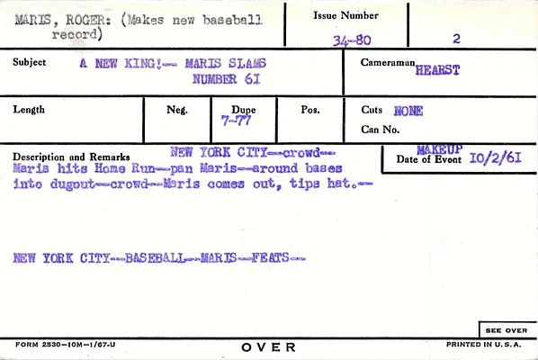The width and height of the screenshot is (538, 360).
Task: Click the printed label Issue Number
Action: (x=345, y=15)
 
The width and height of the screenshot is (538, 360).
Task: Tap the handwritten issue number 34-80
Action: (x=352, y=40)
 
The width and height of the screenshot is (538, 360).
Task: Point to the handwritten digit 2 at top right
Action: (x=456, y=39)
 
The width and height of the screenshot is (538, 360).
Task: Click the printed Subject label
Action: (x=29, y=62)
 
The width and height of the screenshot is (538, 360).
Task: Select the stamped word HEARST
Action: (x=437, y=70)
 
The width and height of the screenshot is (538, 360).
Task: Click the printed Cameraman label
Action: (x=388, y=62)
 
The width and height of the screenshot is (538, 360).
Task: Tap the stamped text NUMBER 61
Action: (x=226, y=79)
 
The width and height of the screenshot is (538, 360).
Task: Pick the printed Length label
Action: (x=29, y=110)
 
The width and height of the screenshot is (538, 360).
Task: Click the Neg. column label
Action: (x=177, y=110)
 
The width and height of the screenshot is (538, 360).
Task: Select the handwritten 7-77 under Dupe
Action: (x=236, y=121)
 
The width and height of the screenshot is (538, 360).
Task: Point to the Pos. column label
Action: (x=310, y=110)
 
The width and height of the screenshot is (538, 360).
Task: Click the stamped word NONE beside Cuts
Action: (x=408, y=111)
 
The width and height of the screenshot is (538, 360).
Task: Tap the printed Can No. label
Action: (x=381, y=130)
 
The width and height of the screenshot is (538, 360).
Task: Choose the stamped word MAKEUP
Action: (x=440, y=149)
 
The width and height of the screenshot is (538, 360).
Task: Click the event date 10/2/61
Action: (x=495, y=157)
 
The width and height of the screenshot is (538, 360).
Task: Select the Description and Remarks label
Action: (x=71, y=157)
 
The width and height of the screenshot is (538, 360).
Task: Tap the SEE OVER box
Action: (x=507, y=329)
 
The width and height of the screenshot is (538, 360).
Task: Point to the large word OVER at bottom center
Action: (x=268, y=347)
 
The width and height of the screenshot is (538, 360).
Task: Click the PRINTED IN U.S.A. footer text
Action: (x=484, y=344)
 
